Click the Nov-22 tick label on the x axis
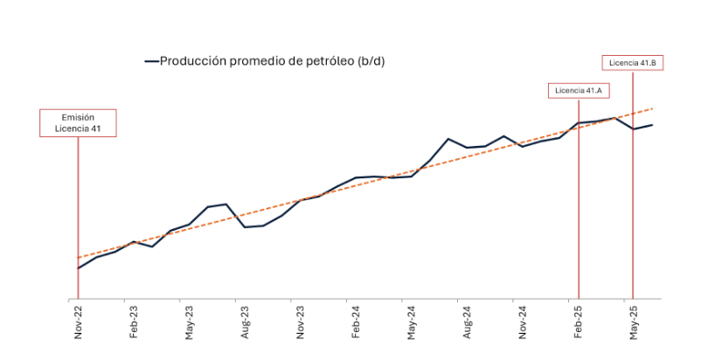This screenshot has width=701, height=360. [x=78, y=322]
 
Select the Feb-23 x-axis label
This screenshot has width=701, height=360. [x=134, y=322]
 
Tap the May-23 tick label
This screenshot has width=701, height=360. [x=189, y=322]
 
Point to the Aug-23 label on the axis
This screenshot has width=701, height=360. [x=245, y=322]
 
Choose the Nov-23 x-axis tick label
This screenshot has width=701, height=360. [x=300, y=322]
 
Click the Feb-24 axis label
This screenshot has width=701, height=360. [x=356, y=322]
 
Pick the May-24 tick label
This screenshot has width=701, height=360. [x=411, y=322]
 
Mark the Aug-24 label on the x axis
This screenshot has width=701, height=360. [x=467, y=322]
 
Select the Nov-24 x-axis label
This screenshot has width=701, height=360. [x=523, y=322]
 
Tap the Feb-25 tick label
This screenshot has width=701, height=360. [x=578, y=322]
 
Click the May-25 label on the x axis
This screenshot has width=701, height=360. [x=634, y=322]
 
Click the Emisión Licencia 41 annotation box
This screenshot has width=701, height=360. [x=78, y=123]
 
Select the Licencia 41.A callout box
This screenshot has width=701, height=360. [x=579, y=90]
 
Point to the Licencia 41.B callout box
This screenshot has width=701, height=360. [x=633, y=62]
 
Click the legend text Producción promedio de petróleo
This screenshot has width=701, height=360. [x=272, y=61]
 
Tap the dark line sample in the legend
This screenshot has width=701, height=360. [x=150, y=61]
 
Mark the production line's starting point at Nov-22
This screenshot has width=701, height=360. [x=78, y=268]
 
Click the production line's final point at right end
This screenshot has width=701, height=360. [x=652, y=125]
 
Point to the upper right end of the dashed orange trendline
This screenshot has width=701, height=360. [x=652, y=109]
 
